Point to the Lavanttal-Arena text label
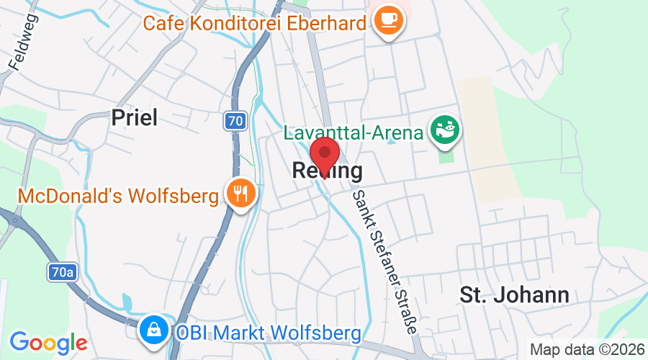353,133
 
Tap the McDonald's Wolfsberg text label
118,196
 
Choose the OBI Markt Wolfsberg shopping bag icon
154,331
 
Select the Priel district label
135,117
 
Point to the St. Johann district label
514,294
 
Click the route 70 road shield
234,121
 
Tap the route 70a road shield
63,272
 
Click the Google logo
48,342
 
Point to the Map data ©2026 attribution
587,349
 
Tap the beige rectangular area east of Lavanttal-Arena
490,137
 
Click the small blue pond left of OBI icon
128,302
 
